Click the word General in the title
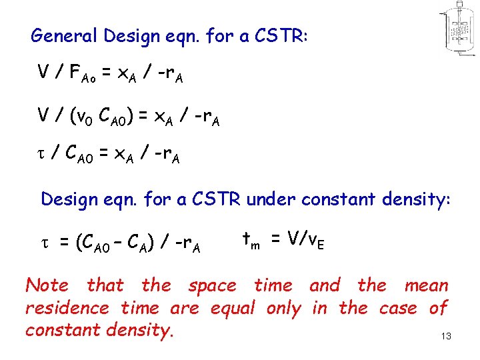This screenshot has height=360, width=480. pos(61,36)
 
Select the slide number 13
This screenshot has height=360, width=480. pos(446,337)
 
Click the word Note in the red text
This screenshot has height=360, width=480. pos(47,285)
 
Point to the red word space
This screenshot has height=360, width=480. pos(212,285)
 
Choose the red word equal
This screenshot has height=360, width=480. pos(233,309)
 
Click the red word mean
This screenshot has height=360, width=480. pos(426,285)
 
